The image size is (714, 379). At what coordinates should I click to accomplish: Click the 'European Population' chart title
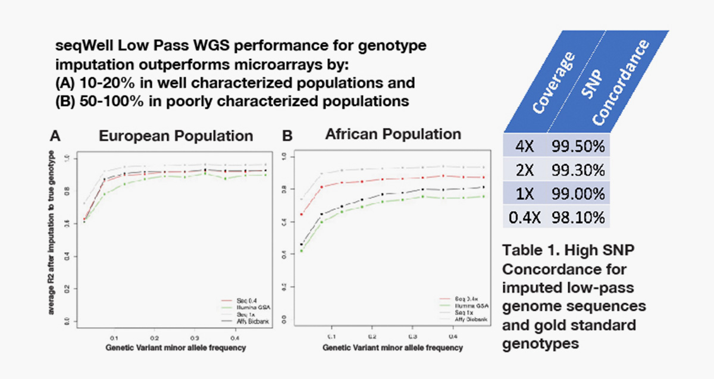[176, 136]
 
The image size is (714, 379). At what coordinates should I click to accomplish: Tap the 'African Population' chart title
[393, 134]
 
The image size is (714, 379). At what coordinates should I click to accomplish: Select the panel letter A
[55, 136]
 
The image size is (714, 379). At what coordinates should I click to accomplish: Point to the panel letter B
[287, 136]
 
